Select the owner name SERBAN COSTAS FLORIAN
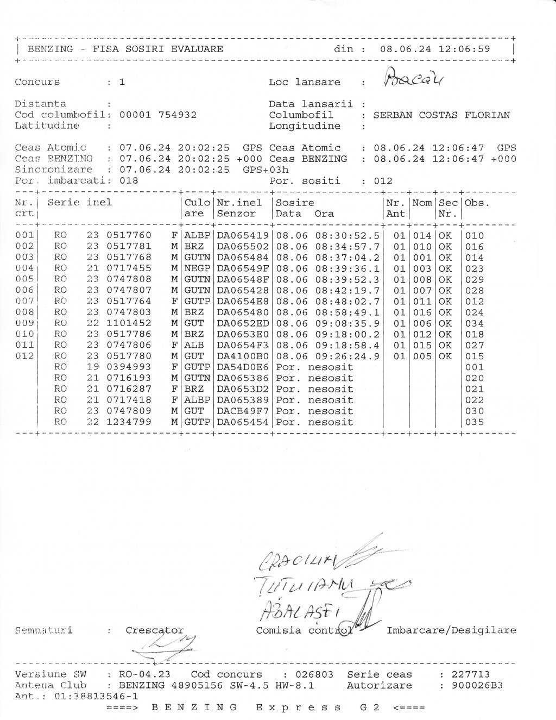coord(441,115)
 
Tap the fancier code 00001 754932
coord(158,115)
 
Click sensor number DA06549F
coord(243,268)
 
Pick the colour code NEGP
coord(197,268)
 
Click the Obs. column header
coord(477,203)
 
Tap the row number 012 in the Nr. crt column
coord(24,356)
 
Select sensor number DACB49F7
coord(243,411)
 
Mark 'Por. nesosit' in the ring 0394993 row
coord(314,367)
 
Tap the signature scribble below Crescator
coord(163,647)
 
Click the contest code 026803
coord(314,675)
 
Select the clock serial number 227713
coord(470,675)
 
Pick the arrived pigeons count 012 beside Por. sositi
coord(383,181)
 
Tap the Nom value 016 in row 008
coord(422,312)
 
